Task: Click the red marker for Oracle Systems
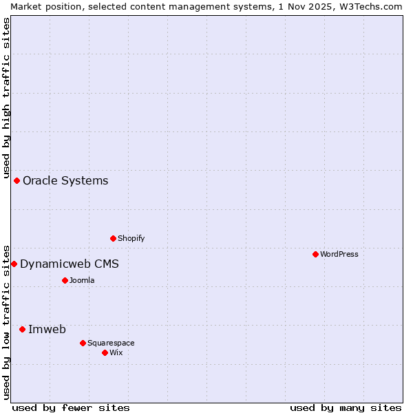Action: pyautogui.click(x=17, y=180)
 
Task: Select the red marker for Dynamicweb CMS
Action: pyautogui.click(x=14, y=264)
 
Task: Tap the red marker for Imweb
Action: pyautogui.click(x=22, y=329)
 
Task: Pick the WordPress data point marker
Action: pyautogui.click(x=315, y=254)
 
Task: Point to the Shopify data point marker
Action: pyautogui.click(x=113, y=238)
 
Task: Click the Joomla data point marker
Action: pyautogui.click(x=65, y=280)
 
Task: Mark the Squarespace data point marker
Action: pyautogui.click(x=83, y=343)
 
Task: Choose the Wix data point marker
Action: pyautogui.click(x=105, y=352)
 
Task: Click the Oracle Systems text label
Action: pyautogui.click(x=65, y=180)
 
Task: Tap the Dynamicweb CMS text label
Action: pyautogui.click(x=70, y=264)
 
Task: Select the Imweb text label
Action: pyautogui.click(x=47, y=329)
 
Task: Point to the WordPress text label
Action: pyautogui.click(x=339, y=254)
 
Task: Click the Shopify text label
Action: pyautogui.click(x=131, y=238)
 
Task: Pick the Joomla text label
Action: pyautogui.click(x=82, y=280)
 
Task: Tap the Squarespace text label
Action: pyautogui.click(x=111, y=343)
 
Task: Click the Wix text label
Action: pyautogui.click(x=116, y=352)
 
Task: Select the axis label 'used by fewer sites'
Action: pyautogui.click(x=71, y=407)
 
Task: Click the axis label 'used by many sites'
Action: pyautogui.click(x=346, y=407)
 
